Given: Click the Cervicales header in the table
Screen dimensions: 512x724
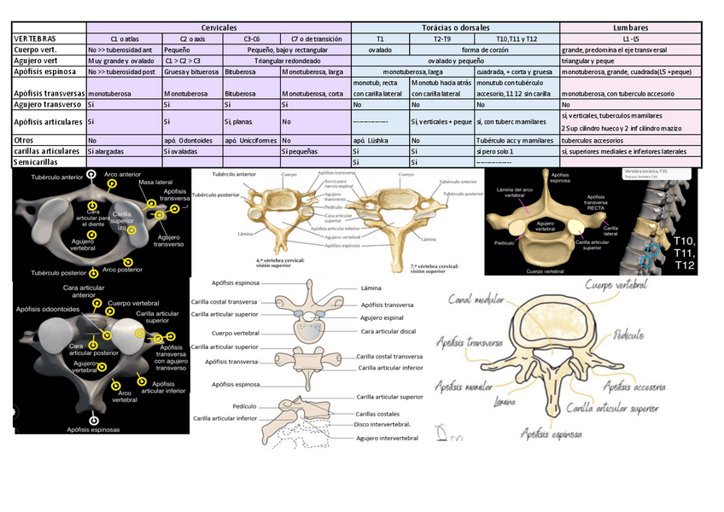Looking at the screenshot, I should click(x=219, y=28).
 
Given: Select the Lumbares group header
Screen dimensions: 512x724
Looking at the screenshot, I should click(x=630, y=28).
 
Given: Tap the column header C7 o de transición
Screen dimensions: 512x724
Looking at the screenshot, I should click(x=315, y=39).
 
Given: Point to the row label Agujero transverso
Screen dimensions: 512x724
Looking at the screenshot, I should click(x=48, y=104).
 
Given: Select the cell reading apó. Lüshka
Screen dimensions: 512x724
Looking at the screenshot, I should click(x=371, y=139).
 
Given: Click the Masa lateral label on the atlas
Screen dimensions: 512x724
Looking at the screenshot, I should click(x=156, y=183).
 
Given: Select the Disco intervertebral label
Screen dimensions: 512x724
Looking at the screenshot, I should click(x=387, y=423).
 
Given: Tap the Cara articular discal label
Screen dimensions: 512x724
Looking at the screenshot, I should click(x=388, y=331).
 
